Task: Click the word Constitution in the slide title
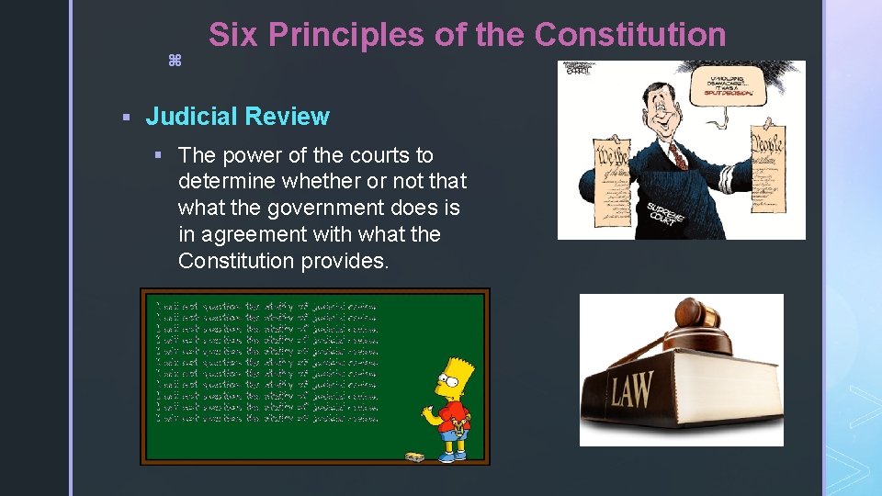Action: point(629,35)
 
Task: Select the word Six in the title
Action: point(232,35)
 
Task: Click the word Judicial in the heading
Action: point(187,117)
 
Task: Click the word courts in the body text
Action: point(379,155)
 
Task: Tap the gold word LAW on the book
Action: point(632,390)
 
